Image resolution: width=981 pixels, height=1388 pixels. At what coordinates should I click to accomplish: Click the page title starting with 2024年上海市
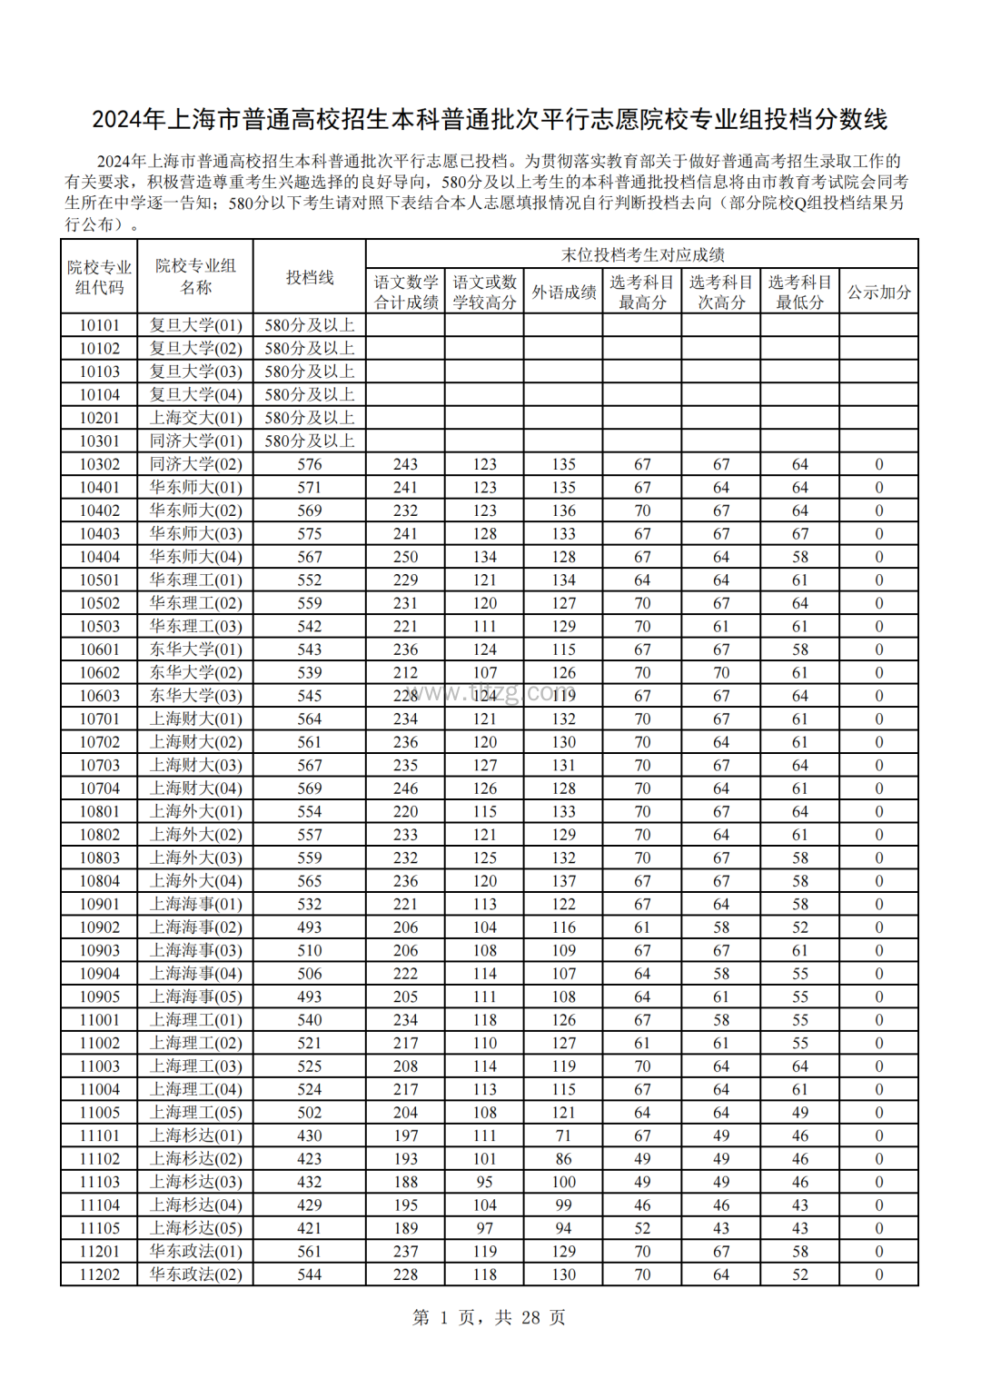pos(490,119)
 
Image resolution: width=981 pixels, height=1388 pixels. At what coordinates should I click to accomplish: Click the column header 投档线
pos(310,277)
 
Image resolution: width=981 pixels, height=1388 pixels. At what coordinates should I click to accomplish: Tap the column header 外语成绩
pos(563,292)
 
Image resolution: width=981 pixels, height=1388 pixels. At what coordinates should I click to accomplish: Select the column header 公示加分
pos(878,292)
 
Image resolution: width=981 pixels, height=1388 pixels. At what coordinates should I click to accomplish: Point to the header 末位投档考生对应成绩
pos(642,254)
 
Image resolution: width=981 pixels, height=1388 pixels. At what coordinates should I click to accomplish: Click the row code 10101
pos(99,325)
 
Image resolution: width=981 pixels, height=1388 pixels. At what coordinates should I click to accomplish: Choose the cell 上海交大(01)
pos(196,418)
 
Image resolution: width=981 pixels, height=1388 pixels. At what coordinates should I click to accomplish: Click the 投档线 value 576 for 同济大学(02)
pos(310,464)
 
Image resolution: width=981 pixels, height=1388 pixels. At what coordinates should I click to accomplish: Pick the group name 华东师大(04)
pos(196,557)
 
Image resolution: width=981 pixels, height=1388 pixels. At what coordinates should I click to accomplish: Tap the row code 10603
pos(99,696)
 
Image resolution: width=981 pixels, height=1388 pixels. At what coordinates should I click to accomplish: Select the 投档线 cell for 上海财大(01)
pos(310,719)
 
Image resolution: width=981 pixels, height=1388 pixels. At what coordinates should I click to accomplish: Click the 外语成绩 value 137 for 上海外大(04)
pos(563,881)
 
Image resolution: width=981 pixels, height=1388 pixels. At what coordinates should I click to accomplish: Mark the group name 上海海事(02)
pos(196,927)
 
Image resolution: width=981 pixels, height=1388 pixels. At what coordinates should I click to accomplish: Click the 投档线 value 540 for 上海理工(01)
pos(310,1020)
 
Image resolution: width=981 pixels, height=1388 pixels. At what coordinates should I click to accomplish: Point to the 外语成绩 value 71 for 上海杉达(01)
pos(563,1135)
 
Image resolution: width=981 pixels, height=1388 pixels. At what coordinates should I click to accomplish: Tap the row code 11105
pos(99,1228)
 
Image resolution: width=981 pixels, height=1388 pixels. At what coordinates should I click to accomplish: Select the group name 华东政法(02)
pos(196,1274)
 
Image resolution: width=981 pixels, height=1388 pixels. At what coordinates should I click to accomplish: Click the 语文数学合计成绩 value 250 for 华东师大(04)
pos(405,557)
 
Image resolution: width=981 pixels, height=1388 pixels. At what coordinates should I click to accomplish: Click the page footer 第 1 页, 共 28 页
pos(490,1317)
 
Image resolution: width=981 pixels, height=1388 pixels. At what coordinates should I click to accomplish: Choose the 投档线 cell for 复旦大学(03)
pos(310,372)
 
